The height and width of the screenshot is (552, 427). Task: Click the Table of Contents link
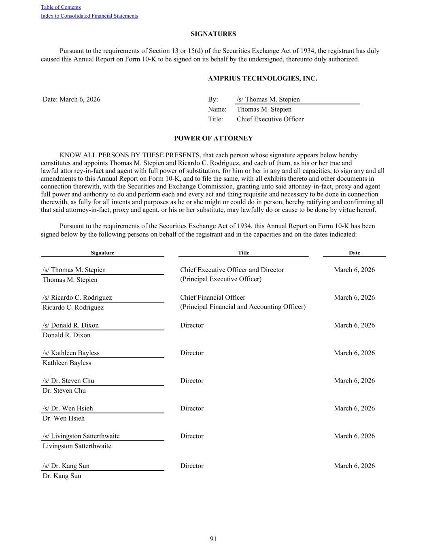61,7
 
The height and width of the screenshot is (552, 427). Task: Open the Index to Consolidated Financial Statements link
89,16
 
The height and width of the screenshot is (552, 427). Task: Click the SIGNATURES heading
213,34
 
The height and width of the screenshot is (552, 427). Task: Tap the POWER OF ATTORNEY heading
213,138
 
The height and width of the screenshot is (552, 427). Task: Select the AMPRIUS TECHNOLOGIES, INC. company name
262,78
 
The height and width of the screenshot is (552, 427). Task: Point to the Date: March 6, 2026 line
72,99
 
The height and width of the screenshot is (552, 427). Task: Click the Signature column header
102,253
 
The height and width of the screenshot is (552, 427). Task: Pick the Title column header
243,253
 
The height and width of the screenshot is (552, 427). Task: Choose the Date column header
354,253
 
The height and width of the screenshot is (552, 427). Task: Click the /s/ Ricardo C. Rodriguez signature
77,298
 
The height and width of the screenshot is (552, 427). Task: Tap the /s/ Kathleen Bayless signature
71,353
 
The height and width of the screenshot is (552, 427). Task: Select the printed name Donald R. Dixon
66,335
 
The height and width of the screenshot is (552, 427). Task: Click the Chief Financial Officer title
212,298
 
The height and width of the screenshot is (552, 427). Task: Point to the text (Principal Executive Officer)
221,279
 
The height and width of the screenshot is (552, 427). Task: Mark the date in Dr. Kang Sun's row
354,466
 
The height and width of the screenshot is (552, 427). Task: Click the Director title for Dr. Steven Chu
192,381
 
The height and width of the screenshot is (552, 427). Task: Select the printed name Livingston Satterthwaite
77,446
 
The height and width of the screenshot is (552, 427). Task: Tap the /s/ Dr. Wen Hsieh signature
68,408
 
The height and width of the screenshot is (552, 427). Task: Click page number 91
213,539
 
